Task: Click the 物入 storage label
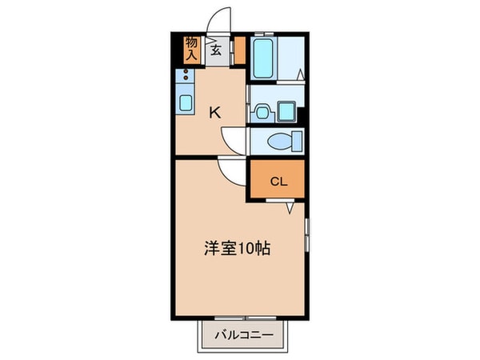(x=192, y=50)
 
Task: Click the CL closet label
(x=277, y=182)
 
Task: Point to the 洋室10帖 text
(x=236, y=249)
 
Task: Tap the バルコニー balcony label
(x=245, y=334)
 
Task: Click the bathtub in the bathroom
(x=264, y=56)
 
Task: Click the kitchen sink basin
(x=186, y=102)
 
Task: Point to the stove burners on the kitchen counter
(x=186, y=78)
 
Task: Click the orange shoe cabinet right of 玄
(x=239, y=50)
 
